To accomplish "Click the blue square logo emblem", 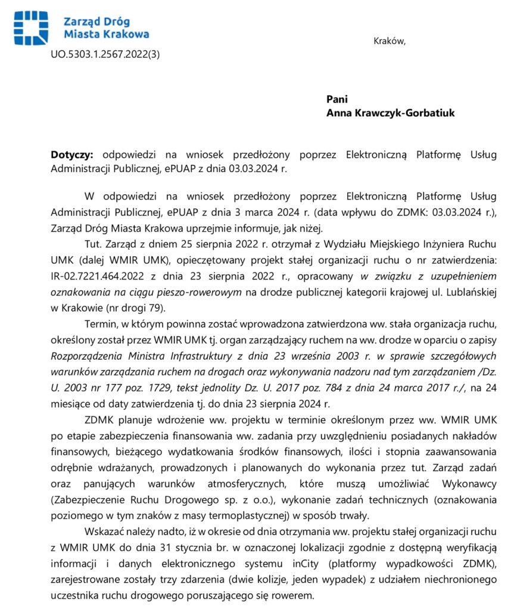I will [x=32, y=27].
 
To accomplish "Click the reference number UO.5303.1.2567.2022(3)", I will [x=105, y=54].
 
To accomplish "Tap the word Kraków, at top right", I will [x=390, y=41].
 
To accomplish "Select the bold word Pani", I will [x=337, y=99].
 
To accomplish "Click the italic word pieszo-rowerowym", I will [x=202, y=292].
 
